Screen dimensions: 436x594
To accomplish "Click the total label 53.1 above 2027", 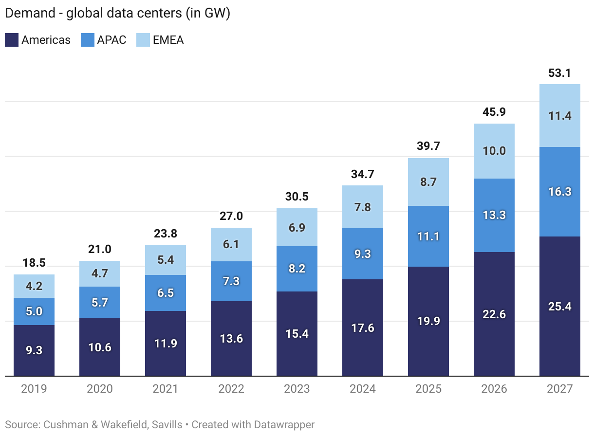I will click(x=559, y=73).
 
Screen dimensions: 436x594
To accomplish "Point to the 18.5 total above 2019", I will click(x=34, y=263).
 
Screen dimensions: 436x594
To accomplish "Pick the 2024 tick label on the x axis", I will click(x=362, y=389).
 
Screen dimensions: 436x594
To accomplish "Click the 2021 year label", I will click(x=165, y=389).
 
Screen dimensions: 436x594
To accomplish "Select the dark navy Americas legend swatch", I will click(x=12, y=40).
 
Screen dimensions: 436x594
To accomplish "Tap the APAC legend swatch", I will click(x=87, y=40).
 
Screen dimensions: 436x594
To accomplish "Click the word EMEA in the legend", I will click(x=168, y=40).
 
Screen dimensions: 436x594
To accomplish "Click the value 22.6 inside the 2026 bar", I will click(x=494, y=314).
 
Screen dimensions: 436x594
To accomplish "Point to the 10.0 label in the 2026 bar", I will click(x=494, y=151).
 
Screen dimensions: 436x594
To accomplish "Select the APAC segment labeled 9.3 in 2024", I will click(x=362, y=254).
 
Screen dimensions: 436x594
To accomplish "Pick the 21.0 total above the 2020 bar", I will click(x=99, y=250).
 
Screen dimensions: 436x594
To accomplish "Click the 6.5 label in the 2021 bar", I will click(x=165, y=293).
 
